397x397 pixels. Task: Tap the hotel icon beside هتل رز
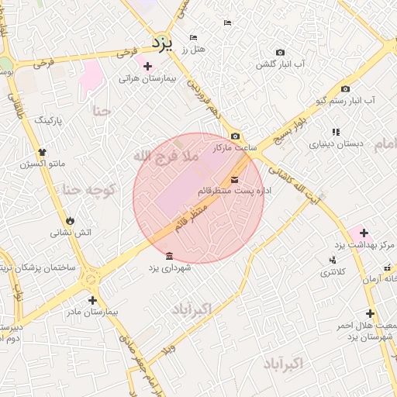(x=193, y=38)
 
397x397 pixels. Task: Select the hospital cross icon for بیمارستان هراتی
(x=147, y=67)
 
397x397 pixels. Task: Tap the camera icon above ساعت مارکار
(x=235, y=136)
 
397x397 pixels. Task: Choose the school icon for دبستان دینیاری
(x=336, y=133)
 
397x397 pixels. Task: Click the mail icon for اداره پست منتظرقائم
(x=235, y=181)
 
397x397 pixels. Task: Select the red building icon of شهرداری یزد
(x=169, y=256)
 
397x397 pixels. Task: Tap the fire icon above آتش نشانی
(x=71, y=220)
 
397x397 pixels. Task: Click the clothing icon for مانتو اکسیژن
(x=41, y=151)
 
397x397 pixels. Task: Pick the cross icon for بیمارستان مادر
(x=92, y=300)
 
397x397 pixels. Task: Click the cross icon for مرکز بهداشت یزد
(x=363, y=233)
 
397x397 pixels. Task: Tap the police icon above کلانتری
(x=333, y=260)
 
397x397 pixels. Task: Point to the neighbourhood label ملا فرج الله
(x=166, y=156)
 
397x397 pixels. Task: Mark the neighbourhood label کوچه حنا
(x=88, y=189)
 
